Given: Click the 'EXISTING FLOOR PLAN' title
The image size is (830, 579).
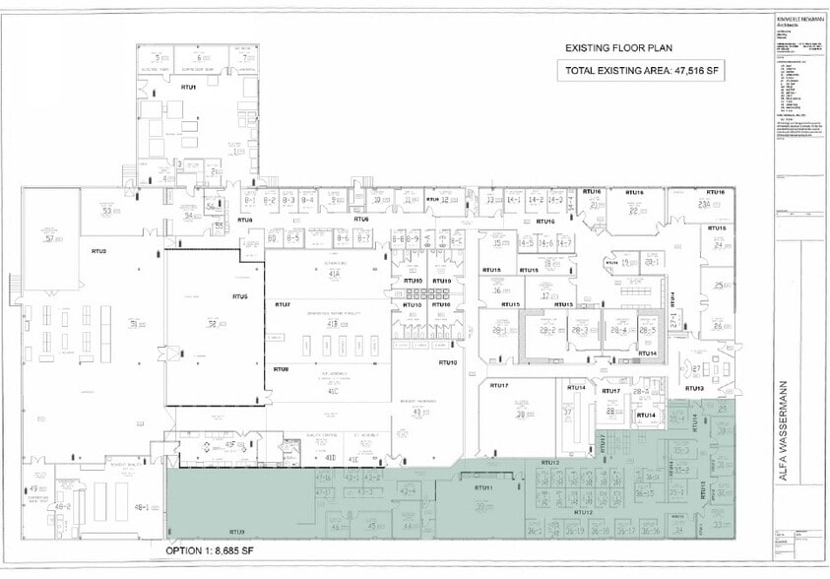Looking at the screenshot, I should (x=618, y=47).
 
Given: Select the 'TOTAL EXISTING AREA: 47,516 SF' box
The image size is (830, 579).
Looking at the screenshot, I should (x=641, y=71).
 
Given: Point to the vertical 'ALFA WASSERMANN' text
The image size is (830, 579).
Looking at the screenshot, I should (x=784, y=427).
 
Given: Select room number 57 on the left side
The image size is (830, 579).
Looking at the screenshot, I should (x=48, y=238).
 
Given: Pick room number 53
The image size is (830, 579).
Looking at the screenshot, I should (x=106, y=211).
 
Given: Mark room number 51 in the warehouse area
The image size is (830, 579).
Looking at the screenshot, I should (x=133, y=324).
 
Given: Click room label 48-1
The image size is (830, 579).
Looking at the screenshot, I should (x=140, y=507).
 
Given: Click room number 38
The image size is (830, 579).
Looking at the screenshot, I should (x=520, y=415).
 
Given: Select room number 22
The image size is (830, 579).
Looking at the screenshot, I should (x=633, y=210).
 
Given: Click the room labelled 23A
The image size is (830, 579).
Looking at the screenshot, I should (x=704, y=204).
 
